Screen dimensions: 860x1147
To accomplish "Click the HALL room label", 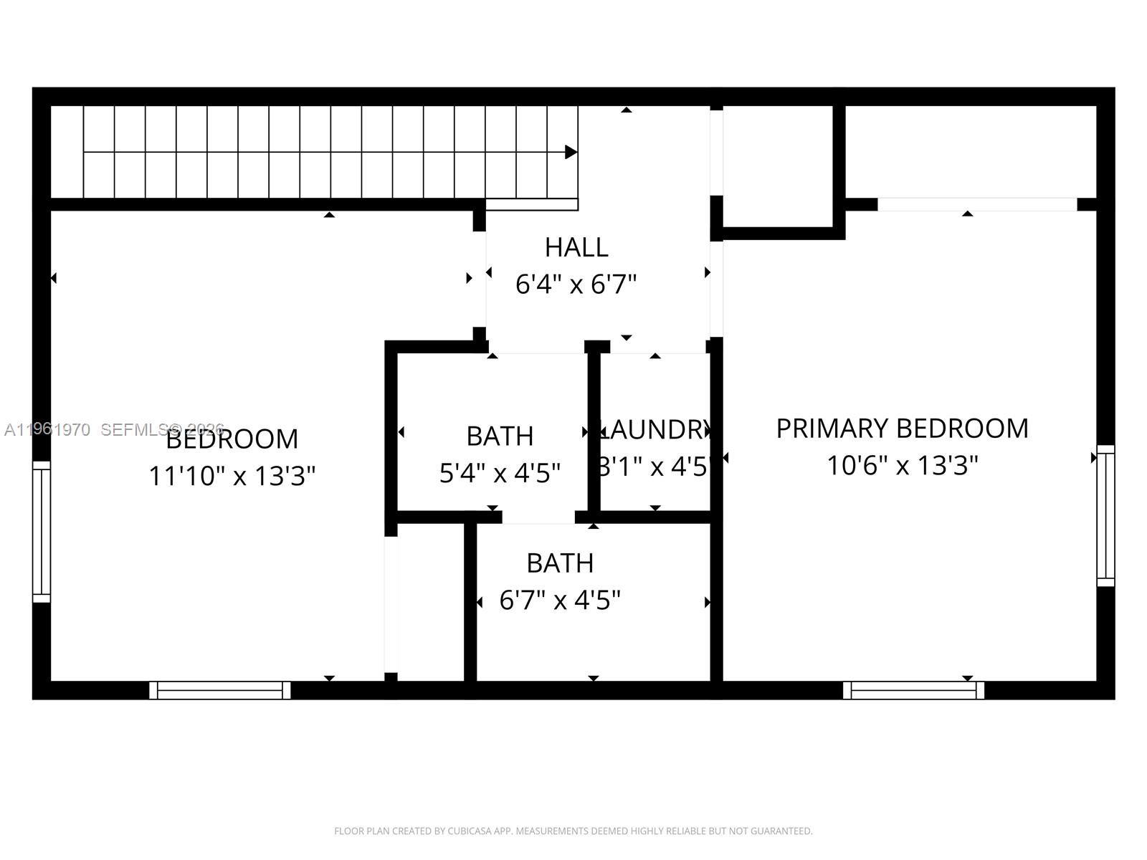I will (576, 247).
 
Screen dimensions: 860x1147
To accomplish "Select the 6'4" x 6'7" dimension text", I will (576, 285).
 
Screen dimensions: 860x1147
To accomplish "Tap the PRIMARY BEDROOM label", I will (902, 429).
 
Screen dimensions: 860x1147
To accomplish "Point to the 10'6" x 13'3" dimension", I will (902, 466).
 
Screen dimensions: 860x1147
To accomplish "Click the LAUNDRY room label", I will (654, 430).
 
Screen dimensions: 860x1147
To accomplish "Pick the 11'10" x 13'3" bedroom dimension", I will (232, 476).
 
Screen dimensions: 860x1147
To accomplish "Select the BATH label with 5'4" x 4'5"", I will (500, 436).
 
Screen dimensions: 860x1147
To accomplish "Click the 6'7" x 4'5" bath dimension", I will (559, 600).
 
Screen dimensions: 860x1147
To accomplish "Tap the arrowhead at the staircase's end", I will (571, 152).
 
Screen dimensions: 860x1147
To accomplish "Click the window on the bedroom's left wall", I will (42, 531).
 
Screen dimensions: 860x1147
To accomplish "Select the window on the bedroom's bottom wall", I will (220, 690).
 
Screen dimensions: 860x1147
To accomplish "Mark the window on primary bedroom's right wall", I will (1105, 515).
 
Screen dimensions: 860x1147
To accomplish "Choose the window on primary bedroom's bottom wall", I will (913, 690).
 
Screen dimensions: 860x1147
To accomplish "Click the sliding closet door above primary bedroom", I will (977, 204).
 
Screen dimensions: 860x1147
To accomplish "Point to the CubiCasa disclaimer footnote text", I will (573, 831).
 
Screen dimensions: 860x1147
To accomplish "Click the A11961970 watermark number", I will (47, 430).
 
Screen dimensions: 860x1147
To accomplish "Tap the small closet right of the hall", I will (778, 166).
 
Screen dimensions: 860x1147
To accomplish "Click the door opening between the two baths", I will (538, 517).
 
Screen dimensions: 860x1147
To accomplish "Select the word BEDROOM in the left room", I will (232, 439).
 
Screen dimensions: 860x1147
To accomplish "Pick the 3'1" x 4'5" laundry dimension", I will (654, 467).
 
